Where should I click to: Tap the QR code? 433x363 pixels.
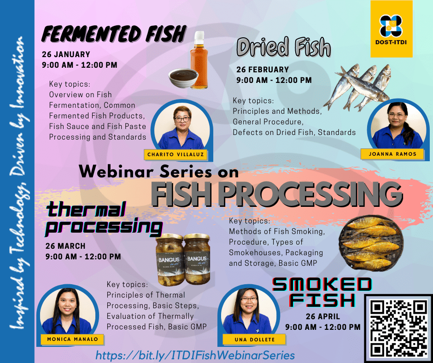pyautogui.click(x=398, y=328)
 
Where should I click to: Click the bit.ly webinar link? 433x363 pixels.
pyautogui.click(x=195, y=355)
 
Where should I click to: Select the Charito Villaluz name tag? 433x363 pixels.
pyautogui.click(x=176, y=154)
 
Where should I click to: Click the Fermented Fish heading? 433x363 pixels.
pyautogui.click(x=114, y=34)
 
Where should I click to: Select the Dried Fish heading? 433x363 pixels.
pyautogui.click(x=284, y=47)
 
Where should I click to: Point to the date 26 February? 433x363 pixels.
pyautogui.click(x=263, y=70)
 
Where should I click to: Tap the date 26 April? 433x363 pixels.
pyautogui.click(x=322, y=316)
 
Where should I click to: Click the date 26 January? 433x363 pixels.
pyautogui.click(x=66, y=54)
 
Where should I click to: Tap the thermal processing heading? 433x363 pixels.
pyautogui.click(x=104, y=219)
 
